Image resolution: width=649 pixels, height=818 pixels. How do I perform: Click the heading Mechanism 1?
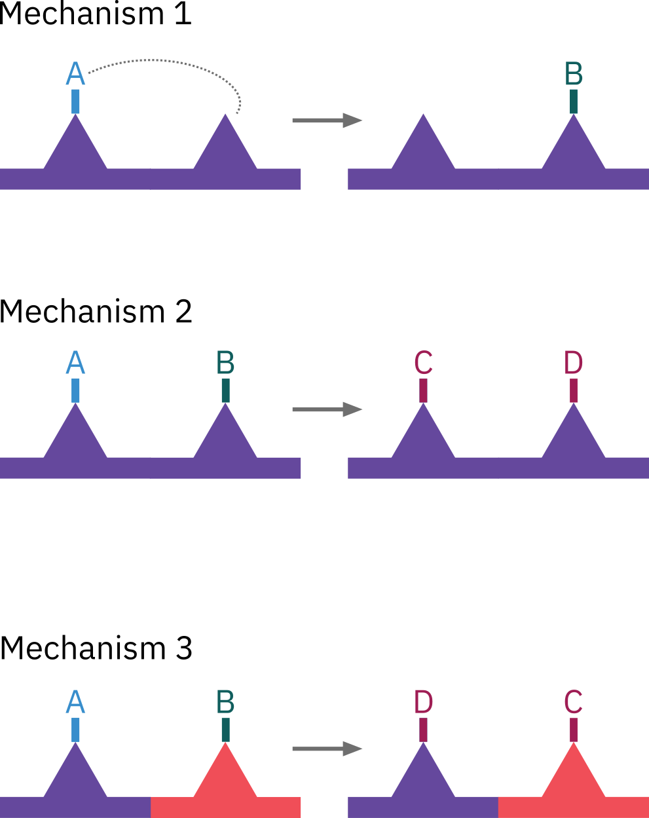pos(96,14)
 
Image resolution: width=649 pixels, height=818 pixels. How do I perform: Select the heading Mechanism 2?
pos(96,312)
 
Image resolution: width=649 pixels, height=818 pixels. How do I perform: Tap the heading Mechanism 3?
pos(96,648)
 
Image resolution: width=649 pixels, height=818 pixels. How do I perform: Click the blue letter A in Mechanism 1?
pos(75,74)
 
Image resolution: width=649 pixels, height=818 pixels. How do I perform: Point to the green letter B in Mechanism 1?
pos(574,74)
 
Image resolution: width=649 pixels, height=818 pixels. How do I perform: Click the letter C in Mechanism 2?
pos(423,363)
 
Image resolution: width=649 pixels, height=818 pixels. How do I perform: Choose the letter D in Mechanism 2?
pos(574,363)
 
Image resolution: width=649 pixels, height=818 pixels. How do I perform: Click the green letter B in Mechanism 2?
pos(225,363)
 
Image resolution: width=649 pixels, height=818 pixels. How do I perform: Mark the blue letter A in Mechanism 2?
pos(75,363)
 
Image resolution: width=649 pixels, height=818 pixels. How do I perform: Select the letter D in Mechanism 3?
pos(423,702)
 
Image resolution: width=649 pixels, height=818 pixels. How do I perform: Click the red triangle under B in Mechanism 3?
pos(225,776)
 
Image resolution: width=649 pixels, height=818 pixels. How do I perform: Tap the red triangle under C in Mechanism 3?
pos(574,776)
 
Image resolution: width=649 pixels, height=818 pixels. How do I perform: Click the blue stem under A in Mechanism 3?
pos(75,730)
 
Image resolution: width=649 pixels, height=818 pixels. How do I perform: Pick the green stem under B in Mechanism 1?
pos(574,101)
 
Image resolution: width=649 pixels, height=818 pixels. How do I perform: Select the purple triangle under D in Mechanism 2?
pos(574,436)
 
